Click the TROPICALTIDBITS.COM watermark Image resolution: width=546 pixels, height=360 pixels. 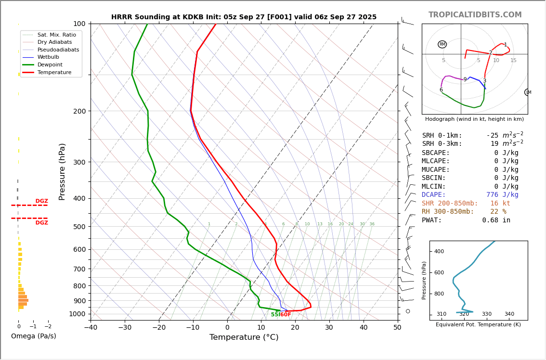point(475,15)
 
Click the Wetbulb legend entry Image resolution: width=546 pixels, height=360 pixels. point(48,57)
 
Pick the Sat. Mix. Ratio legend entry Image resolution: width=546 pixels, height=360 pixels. point(56,35)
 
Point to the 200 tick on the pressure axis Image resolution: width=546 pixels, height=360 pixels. point(79,111)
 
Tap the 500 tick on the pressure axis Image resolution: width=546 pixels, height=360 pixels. point(79,227)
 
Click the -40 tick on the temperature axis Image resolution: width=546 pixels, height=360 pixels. point(91,328)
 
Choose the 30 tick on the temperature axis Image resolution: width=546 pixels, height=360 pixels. point(329,328)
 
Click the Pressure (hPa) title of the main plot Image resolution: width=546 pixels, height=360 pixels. point(62,171)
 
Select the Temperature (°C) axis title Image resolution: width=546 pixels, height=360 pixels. point(244,337)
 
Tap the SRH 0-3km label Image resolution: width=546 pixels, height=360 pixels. point(442,144)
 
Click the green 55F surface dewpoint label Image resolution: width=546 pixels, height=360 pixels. point(275,315)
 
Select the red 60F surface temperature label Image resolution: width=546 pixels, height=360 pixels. point(286,315)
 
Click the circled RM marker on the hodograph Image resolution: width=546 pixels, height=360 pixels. point(442,44)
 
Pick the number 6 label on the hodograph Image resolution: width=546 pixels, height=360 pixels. point(441,90)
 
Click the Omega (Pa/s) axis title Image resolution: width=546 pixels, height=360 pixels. point(34,336)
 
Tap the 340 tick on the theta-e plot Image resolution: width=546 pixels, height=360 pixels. point(509,314)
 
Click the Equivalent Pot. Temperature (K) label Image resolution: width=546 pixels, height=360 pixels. point(478,325)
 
